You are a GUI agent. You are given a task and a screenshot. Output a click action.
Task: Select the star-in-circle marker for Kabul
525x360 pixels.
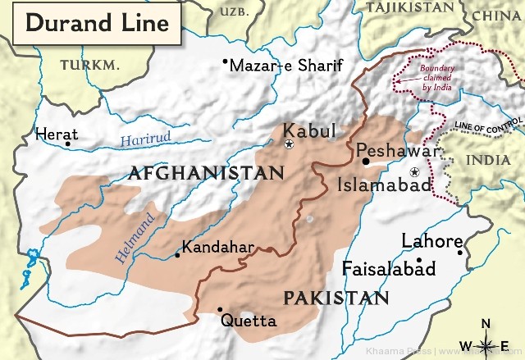coord(289,144)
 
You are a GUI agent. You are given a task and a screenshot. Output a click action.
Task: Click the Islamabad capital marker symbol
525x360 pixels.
coord(415,171)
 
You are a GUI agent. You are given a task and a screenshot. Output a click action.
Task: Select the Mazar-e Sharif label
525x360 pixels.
coord(285,66)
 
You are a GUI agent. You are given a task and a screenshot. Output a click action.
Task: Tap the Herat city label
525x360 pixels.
coord(57,134)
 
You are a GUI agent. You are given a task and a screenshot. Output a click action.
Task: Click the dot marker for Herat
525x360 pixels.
coord(68,144)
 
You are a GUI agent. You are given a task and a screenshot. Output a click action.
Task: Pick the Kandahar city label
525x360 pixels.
coord(218,246)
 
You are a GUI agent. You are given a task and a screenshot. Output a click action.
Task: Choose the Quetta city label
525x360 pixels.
coord(249,319)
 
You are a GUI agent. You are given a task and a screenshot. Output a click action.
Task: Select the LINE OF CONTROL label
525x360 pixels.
coord(486,125)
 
